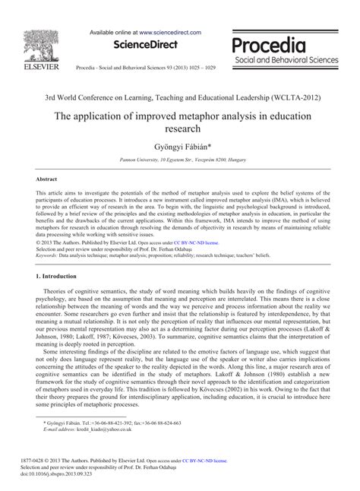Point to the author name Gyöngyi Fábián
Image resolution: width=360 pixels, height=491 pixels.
180,145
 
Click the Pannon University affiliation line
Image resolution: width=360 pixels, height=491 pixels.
180,160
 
